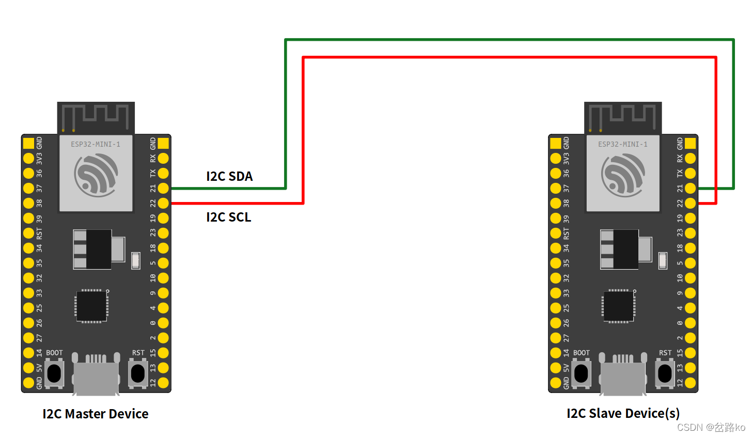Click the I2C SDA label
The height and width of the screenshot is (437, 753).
coord(229,176)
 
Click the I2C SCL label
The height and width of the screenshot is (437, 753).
coord(229,217)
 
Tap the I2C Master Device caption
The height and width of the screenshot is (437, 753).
coord(96,414)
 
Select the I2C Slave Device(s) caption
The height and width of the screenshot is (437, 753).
coord(623,413)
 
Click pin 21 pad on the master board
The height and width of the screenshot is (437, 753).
coord(163,188)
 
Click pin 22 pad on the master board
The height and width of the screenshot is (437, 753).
coord(163,203)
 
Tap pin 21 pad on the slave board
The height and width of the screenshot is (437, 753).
coord(690,188)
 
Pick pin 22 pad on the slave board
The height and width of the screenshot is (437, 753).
coord(690,203)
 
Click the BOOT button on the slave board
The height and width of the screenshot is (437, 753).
coord(581,373)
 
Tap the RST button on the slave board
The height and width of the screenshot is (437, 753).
coord(665,373)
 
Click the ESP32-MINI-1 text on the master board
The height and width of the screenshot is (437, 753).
coord(96,144)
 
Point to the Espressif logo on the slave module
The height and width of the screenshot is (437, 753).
coord(623,176)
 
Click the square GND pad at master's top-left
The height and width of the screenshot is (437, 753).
coord(28,143)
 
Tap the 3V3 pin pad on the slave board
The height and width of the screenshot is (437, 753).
coord(556,158)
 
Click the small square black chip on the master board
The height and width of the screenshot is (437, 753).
coord(92,306)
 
